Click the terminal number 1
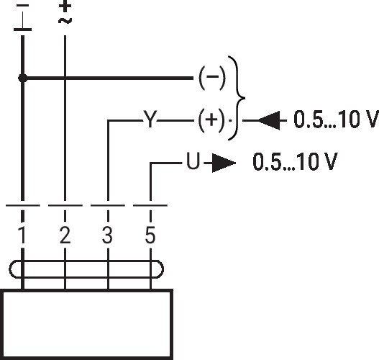(22, 235)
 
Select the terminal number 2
(65, 235)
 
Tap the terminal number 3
(107, 235)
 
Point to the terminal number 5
(150, 235)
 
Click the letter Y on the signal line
(150, 119)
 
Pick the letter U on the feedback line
(193, 161)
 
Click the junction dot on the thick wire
(23, 78)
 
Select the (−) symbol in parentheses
(212, 78)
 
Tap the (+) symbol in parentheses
(211, 120)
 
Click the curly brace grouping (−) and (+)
(238, 98)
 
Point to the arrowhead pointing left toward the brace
(269, 120)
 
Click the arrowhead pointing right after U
(224, 163)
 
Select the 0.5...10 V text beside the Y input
(337, 119)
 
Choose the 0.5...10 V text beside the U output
(295, 161)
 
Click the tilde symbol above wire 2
(65, 21)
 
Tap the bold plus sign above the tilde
(65, 6)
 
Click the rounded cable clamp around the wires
(86, 261)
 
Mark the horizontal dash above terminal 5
(150, 205)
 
